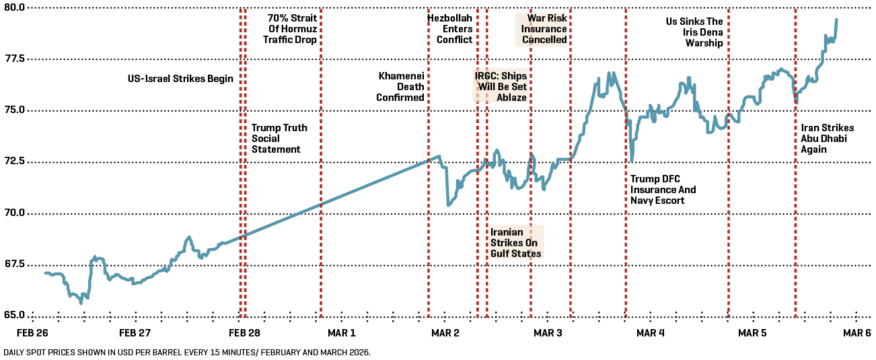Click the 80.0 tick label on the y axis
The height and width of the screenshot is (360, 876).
point(13,7)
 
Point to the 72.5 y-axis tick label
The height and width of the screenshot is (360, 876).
point(13,161)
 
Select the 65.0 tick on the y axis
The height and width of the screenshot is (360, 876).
point(13,315)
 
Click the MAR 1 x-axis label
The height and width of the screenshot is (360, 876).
point(340,333)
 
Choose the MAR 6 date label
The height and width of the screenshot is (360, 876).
point(857,333)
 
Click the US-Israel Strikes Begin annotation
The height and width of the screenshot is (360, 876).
point(180,79)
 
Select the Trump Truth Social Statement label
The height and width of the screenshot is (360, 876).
point(279,138)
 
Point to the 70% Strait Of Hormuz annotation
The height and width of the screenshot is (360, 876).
point(291,29)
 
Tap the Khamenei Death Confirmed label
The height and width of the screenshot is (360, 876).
point(401,87)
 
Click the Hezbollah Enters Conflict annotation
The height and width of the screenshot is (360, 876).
point(450,29)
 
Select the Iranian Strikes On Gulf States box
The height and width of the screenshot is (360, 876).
point(515,242)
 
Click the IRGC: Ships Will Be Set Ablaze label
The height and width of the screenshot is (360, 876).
point(501,87)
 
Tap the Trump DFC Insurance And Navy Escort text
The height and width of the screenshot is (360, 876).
point(663,190)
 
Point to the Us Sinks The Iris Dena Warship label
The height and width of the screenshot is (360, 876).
point(694,33)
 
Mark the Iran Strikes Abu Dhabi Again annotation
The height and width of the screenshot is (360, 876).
point(827,139)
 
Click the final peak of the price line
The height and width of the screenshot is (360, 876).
point(836,20)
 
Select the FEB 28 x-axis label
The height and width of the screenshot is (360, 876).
point(244,333)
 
